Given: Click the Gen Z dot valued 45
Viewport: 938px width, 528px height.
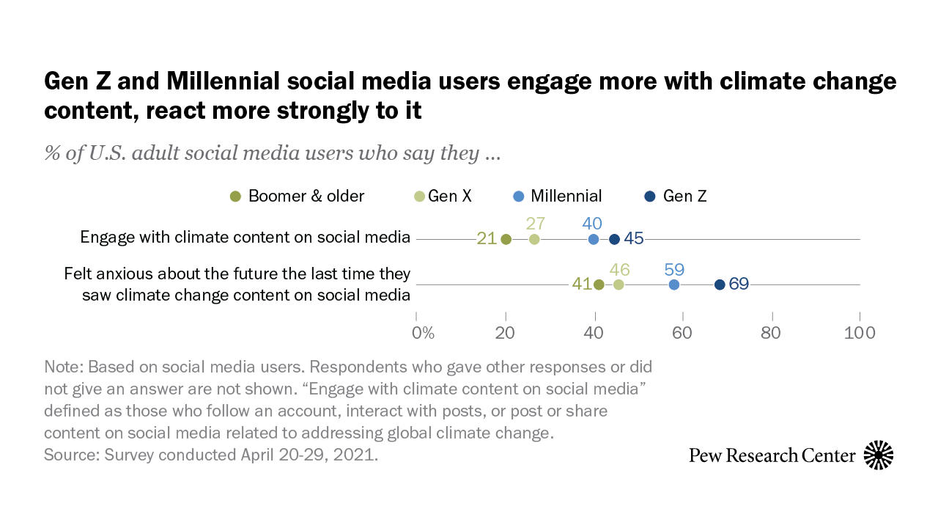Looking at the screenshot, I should pos(615,239).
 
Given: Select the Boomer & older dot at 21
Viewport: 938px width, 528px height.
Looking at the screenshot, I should pos(506,239).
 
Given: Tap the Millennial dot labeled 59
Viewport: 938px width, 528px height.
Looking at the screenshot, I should pos(674,285).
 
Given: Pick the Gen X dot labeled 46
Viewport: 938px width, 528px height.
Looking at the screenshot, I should pos(619,285).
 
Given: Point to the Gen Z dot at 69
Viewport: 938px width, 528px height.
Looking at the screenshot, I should pos(720,285).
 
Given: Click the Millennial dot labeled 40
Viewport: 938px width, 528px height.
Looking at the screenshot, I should pos(594,239).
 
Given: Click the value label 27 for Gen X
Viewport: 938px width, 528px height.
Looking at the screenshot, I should pos(536,224).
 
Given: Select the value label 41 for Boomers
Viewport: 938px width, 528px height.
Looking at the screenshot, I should pos(582,284).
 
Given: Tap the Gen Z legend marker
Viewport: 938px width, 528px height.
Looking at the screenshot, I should pos(649,197).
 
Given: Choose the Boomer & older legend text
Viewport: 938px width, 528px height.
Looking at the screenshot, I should pos(306,196).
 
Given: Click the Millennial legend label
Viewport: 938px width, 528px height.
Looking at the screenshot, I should pos(566,196).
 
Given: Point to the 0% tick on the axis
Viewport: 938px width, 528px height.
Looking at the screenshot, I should pos(423,332).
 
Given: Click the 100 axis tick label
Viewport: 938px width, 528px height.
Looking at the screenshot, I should pos(860,332).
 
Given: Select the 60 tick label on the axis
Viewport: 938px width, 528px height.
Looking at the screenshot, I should pos(682,332).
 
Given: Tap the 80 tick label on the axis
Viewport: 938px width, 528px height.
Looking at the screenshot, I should pos(771,332).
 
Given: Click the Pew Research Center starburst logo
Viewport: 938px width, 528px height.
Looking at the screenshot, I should pos(879,455).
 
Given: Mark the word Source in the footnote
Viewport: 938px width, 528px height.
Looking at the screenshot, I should pos(67,455).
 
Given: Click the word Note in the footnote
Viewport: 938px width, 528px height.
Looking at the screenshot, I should pos(62,367).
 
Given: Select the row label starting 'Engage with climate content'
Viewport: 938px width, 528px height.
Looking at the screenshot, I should pos(245,238).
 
